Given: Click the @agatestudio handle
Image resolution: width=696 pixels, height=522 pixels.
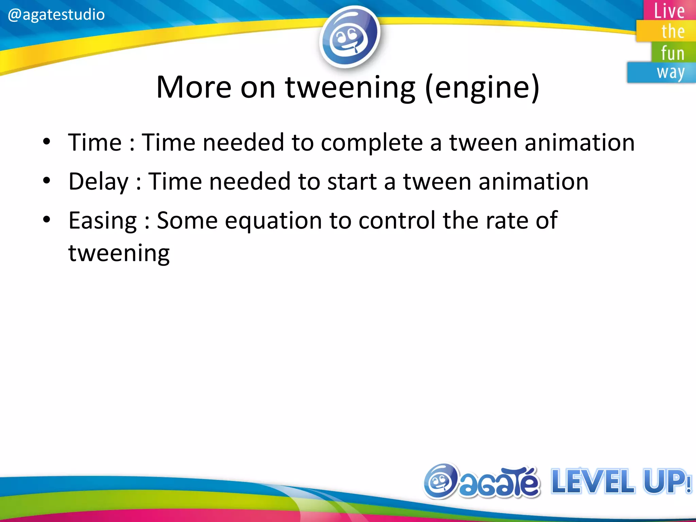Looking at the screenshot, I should coord(56,15).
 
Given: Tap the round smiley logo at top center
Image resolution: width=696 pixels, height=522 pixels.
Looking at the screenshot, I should coord(349,36).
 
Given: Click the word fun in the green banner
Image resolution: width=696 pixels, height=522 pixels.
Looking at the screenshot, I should coord(673,53).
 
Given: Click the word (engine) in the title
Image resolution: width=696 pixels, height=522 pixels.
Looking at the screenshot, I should coord(482,88).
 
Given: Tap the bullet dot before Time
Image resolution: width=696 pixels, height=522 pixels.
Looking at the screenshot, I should coord(47,141).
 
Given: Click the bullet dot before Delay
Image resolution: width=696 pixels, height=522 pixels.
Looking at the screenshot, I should coord(47,180).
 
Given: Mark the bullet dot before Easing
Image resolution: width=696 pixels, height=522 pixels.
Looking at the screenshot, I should coord(47,220).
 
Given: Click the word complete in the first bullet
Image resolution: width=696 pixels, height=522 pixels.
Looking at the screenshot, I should coord(372,143).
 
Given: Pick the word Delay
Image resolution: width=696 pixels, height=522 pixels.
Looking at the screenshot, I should coord(99,181).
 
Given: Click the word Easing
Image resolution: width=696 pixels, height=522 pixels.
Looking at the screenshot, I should coord(103,221).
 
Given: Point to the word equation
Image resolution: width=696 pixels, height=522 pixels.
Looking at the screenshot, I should coord(273,221).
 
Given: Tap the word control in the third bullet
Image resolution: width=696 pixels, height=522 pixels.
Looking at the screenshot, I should coord(397,220).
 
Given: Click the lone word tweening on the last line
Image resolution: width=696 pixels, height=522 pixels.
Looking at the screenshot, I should coord(119,254).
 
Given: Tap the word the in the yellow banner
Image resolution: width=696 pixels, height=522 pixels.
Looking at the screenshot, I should coord(673,32).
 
